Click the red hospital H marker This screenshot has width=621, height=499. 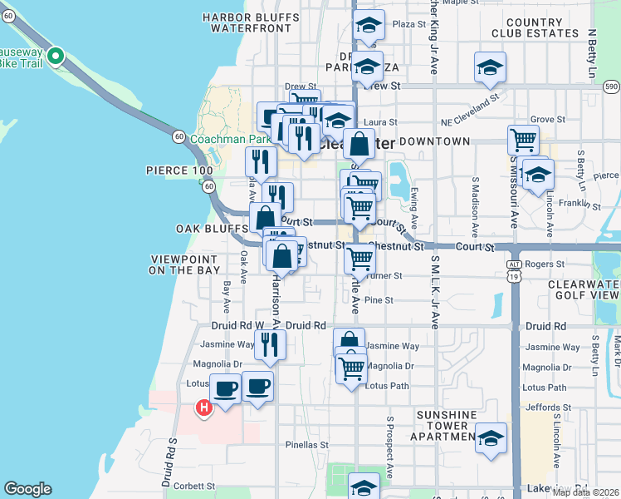(x=203, y=408)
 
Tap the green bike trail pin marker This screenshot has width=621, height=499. (x=56, y=57)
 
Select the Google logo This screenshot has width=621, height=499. (x=27, y=489)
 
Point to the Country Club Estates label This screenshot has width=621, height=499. (x=535, y=27)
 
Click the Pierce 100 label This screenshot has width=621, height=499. (x=179, y=170)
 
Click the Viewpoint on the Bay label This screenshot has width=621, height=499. (x=185, y=264)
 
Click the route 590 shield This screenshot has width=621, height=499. (x=612, y=86)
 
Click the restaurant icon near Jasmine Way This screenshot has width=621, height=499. (x=269, y=343)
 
